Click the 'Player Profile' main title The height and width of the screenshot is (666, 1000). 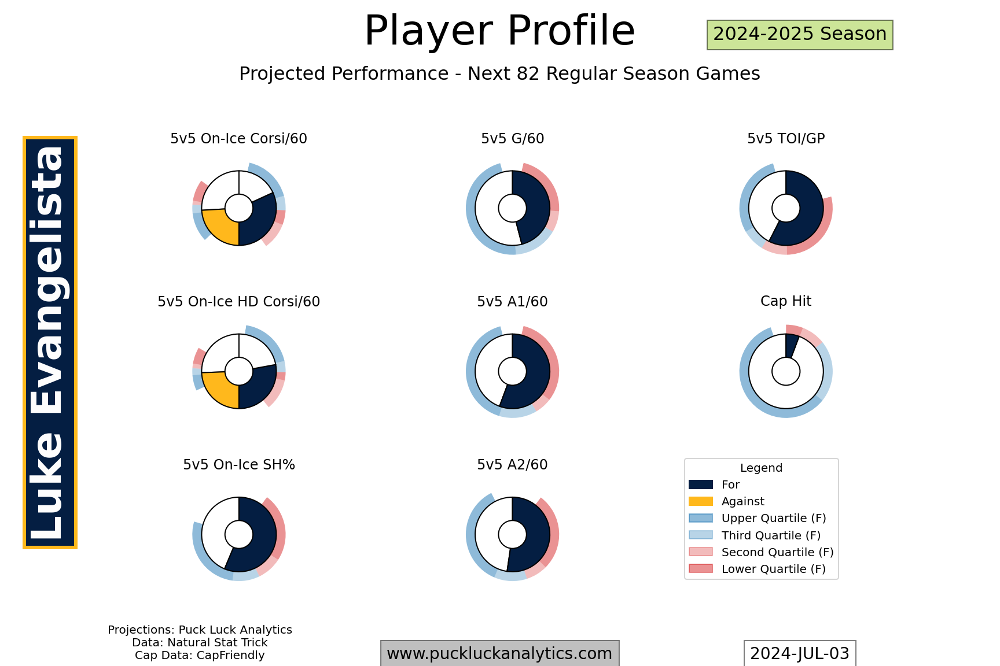499,31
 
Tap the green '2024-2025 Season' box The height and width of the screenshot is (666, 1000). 800,35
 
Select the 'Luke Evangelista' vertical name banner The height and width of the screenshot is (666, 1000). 50,342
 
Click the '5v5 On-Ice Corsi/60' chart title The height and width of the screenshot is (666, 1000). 238,139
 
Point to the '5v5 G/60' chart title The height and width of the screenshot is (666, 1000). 512,139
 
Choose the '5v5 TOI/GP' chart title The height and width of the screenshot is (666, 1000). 786,139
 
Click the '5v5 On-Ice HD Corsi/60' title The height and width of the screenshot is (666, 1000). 238,302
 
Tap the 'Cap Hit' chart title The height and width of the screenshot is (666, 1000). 786,301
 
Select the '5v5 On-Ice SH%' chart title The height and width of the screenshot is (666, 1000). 238,465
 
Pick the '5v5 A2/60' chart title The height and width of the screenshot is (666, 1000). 512,465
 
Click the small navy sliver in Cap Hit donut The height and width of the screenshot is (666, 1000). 791,346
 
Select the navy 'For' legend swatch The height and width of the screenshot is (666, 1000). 701,484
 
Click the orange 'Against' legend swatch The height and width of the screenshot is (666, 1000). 701,501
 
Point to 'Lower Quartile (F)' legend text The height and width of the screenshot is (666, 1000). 774,569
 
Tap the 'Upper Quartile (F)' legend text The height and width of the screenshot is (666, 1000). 774,518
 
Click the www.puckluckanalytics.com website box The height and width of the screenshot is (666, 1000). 499,653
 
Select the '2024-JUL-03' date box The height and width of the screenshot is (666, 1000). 800,653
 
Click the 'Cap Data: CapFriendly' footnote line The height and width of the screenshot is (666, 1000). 200,655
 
